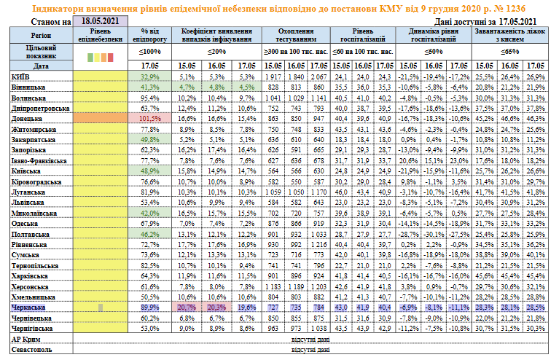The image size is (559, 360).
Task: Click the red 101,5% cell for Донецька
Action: (x=150, y=118)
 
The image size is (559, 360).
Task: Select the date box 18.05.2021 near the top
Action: (x=100, y=21)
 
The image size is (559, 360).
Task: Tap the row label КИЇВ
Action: (x=20, y=77)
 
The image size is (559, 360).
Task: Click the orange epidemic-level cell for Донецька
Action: (x=100, y=118)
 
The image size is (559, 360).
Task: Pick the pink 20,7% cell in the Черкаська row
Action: (x=187, y=308)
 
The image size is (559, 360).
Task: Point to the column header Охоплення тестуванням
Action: (x=296, y=35)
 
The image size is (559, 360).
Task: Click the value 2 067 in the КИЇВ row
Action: (x=318, y=77)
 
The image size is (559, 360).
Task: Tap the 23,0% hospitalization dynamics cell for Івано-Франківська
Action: (x=459, y=161)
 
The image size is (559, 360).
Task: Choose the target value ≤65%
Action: (x=509, y=52)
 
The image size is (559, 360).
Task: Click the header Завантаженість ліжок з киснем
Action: (x=509, y=35)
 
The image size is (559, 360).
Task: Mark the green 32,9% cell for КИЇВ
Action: (x=150, y=77)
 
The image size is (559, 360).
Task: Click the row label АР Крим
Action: (x=26, y=340)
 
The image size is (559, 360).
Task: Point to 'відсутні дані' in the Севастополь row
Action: (x=310, y=350)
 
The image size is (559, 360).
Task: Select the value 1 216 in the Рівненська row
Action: (x=318, y=245)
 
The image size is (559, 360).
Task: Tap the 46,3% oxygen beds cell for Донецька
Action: (x=536, y=118)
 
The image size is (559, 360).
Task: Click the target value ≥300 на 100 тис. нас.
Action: (x=296, y=52)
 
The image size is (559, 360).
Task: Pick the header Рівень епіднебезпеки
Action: (x=100, y=35)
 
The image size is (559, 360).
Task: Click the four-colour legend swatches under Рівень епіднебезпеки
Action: (x=100, y=57)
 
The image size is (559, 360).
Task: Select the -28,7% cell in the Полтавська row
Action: (x=409, y=234)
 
